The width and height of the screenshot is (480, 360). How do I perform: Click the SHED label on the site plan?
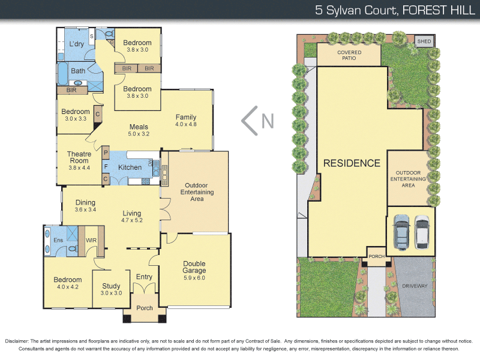point(424,41)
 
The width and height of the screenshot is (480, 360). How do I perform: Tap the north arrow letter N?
point(268,121)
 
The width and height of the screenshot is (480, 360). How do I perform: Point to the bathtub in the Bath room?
point(64,73)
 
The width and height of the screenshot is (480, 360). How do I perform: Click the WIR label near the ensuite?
point(92,241)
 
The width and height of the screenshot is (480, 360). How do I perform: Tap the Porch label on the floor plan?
point(145,308)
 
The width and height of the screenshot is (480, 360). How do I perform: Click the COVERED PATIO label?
point(349,56)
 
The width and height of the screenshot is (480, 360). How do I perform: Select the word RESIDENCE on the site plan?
point(352,163)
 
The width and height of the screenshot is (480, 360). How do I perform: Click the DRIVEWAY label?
point(414,286)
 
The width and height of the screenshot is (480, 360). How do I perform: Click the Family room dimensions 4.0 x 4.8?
point(186,124)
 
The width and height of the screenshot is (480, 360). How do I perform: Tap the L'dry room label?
point(76,44)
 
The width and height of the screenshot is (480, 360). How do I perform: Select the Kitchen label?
point(130,167)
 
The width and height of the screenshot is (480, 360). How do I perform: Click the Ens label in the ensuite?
point(58,241)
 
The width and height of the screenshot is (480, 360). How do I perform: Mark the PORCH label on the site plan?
point(376,256)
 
